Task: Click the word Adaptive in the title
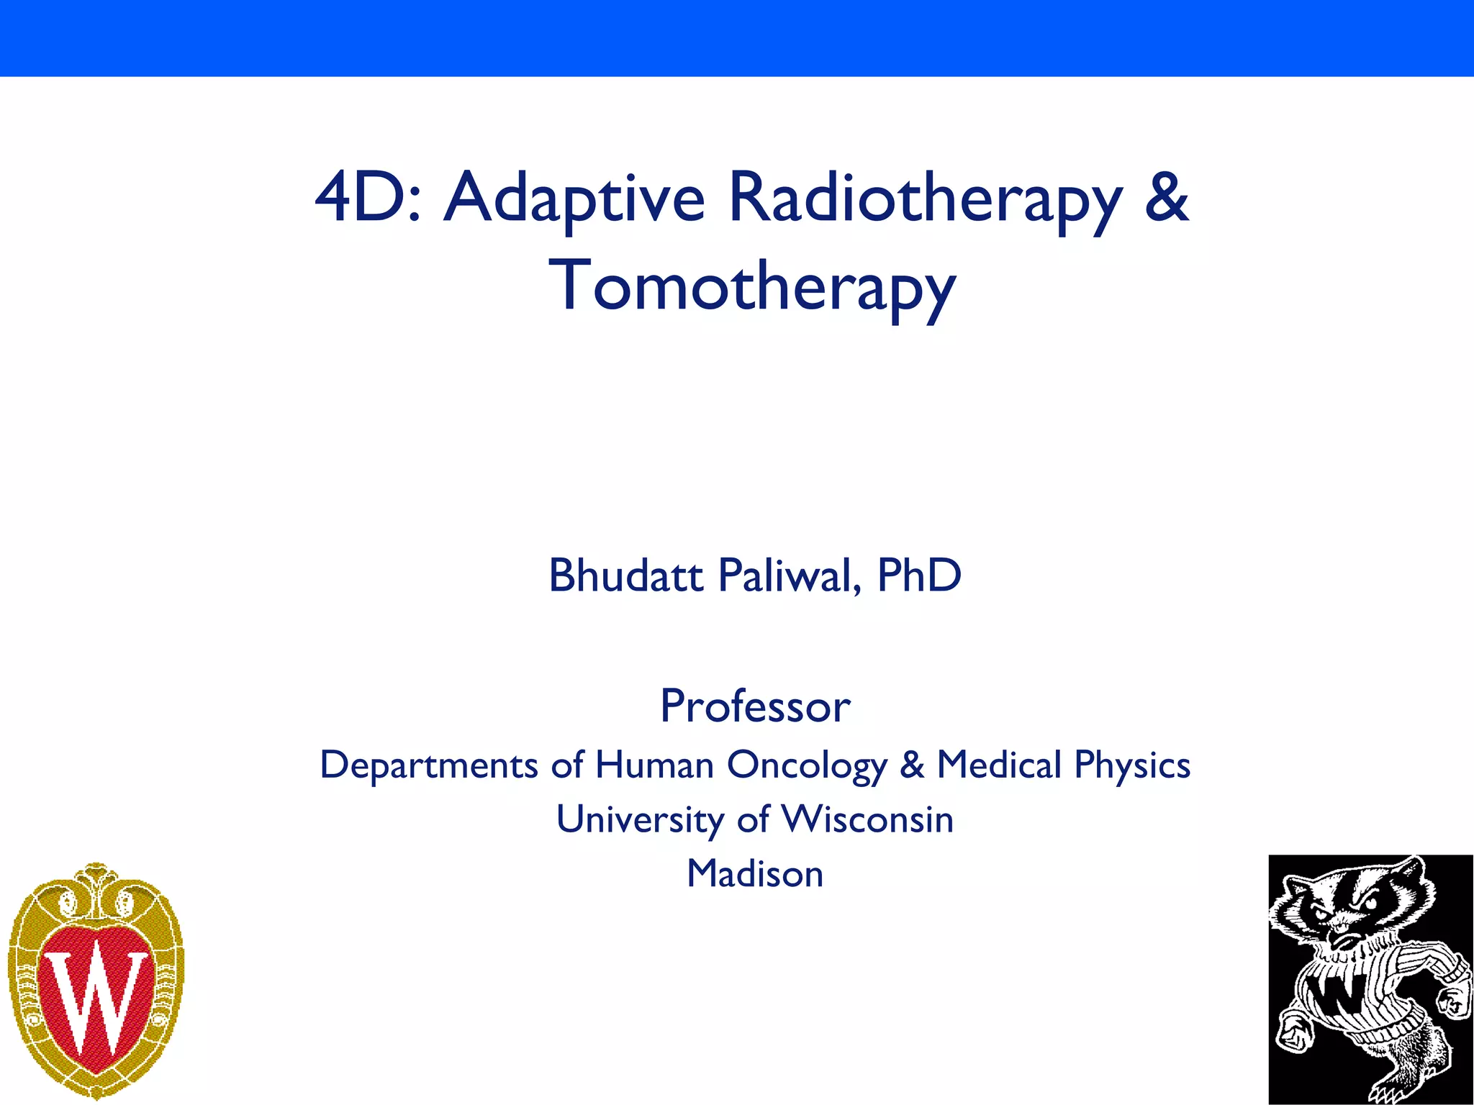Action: click(574, 198)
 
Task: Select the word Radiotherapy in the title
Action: click(925, 198)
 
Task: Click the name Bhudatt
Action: click(625, 576)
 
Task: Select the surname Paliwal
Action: click(790, 576)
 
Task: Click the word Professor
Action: click(755, 706)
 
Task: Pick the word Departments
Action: click(429, 765)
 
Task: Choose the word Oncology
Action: click(807, 765)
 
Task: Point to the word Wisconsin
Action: click(867, 819)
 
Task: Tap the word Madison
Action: click(755, 873)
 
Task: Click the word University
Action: click(640, 820)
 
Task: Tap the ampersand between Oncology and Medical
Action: click(912, 764)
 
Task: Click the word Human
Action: click(654, 764)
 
